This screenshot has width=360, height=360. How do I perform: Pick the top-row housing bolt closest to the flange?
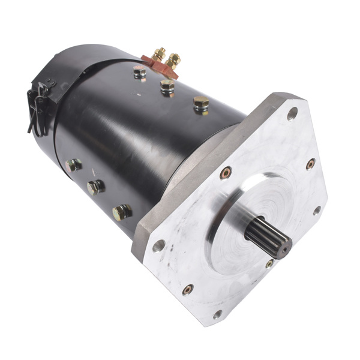[201, 104]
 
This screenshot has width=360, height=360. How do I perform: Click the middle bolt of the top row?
[167, 87]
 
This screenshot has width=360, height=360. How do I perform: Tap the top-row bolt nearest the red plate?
[140, 73]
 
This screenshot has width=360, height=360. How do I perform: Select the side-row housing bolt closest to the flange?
[122, 212]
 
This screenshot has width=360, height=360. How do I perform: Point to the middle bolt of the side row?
[95, 187]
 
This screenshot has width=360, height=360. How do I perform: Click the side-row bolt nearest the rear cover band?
[74, 165]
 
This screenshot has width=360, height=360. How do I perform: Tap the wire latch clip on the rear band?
[37, 105]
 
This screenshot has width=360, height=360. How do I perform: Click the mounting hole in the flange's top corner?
[292, 112]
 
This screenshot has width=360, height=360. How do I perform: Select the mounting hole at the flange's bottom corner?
[217, 314]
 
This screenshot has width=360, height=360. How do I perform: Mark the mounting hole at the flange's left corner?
[158, 245]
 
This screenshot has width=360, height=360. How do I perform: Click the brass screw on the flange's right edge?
[310, 163]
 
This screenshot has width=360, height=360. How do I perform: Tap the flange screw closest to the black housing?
[226, 173]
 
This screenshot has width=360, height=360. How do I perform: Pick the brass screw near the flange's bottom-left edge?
[188, 289]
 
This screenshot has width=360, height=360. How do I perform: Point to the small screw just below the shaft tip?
[270, 263]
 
